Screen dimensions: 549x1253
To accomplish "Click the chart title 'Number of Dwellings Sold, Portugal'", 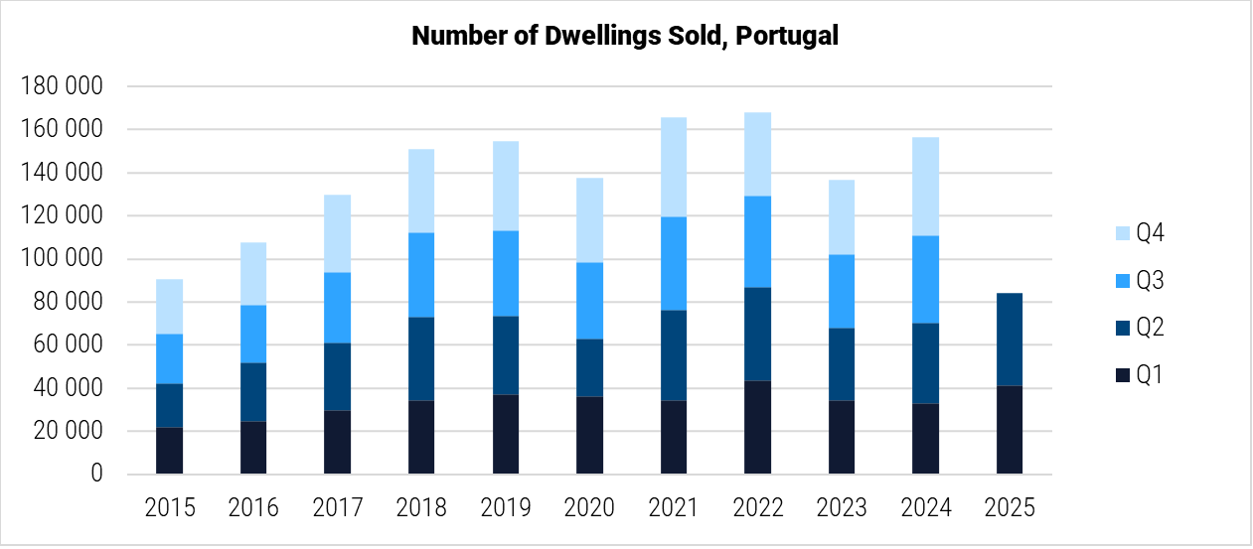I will [x=625, y=36].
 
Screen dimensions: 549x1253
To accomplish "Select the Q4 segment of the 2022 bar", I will [x=771, y=154].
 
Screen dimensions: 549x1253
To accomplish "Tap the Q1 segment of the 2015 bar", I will [x=169, y=451].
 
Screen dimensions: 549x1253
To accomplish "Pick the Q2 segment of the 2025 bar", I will [x=1010, y=339].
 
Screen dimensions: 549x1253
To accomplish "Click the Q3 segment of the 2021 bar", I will [x=688, y=263].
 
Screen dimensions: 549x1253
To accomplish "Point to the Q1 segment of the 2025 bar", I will [x=1010, y=430].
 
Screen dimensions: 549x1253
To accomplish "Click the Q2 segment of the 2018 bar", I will [x=421, y=358].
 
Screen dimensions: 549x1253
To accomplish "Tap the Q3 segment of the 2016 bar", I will [x=252, y=334].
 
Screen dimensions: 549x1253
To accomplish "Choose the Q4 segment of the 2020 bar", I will [x=589, y=219].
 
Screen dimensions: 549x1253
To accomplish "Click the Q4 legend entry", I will [x=1137, y=234].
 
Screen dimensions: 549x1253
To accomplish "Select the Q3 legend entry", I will [x=1137, y=281].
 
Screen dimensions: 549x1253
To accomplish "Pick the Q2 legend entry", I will [x=1137, y=328].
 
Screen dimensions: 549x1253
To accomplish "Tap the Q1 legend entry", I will [x=1137, y=375].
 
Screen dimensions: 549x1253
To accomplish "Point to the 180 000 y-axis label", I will [x=62, y=87].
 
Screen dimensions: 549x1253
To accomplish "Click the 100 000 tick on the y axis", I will [x=62, y=260].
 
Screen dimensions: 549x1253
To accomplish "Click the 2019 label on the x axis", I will [x=506, y=508].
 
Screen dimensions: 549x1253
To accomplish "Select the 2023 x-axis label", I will [x=842, y=508].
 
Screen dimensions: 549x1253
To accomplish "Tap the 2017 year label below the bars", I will [x=338, y=508].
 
